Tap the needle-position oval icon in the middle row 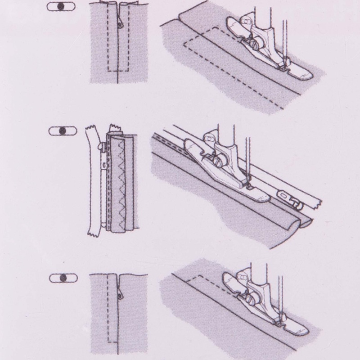click(62, 131)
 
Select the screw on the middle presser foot click(220, 159)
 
